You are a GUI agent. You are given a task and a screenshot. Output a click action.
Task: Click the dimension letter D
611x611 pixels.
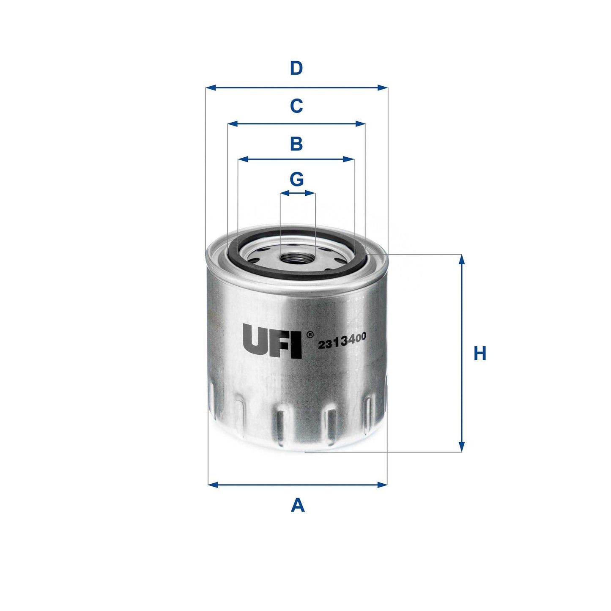(296, 68)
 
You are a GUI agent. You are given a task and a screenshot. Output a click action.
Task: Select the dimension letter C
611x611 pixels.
(296, 106)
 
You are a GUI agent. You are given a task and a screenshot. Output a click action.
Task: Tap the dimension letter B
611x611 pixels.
(296, 144)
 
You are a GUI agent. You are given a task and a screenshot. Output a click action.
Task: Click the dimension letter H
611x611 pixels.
(480, 353)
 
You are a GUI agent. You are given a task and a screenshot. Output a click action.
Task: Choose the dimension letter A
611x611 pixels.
(298, 505)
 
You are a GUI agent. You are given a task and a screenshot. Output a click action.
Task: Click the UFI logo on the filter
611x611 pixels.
(272, 341)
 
